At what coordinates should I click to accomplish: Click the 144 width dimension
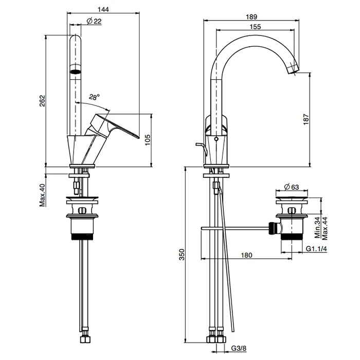[x=103, y=9]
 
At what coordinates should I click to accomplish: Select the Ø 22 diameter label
[x=94, y=21]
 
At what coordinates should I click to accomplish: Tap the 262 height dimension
[x=43, y=101]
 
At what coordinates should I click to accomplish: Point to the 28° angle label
[x=94, y=97]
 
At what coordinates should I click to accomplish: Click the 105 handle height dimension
[x=148, y=140]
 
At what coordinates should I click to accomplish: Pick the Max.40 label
[x=43, y=195]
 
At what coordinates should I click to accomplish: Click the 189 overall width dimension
[x=251, y=17]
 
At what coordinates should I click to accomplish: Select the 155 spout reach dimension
[x=255, y=27]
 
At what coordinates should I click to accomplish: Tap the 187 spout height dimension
[x=306, y=119]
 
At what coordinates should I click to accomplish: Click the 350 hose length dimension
[x=182, y=255]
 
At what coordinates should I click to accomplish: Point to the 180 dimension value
[x=246, y=255]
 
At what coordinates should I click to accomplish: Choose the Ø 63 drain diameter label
[x=292, y=187]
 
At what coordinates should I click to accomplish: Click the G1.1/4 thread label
[x=316, y=248]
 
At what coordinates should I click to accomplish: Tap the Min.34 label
[x=317, y=227]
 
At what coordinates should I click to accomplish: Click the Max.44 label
[x=325, y=228]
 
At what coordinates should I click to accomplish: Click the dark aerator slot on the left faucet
[x=76, y=72]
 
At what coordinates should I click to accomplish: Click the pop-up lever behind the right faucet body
[x=202, y=149]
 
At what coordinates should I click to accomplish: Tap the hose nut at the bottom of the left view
[x=85, y=339]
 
